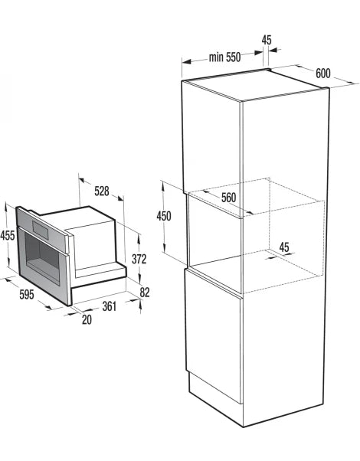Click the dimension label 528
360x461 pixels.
pos(102,191)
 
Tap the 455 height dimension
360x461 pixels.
pos(8,235)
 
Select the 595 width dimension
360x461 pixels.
pos(27,294)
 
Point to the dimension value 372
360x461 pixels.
pos(139,259)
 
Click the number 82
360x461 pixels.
pos(145,293)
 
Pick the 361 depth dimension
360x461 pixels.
pos(110,306)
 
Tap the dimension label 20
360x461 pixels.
pos(87,319)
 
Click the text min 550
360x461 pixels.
pos(224,57)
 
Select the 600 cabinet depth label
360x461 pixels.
pos(323,74)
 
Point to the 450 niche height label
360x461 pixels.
pos(164,216)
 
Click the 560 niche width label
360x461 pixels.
pos(228,198)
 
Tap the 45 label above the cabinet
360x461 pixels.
pos(267,40)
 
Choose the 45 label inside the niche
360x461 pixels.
pos(284,247)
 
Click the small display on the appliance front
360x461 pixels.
pos(41,230)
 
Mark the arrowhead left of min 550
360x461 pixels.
pos(187,62)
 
